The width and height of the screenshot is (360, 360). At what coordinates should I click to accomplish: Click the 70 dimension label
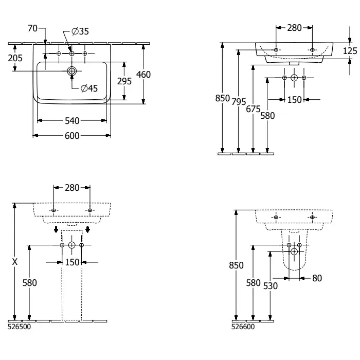click(32, 29)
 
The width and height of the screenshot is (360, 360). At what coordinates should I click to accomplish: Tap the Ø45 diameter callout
click(89, 88)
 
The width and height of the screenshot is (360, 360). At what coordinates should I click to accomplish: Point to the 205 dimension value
click(15, 58)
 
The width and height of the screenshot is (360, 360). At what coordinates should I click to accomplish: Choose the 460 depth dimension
click(143, 75)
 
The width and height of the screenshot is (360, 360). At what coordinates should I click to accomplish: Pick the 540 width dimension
click(72, 121)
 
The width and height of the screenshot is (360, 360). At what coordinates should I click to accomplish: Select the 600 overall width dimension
click(72, 136)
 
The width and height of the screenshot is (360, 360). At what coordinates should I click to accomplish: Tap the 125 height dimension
click(350, 50)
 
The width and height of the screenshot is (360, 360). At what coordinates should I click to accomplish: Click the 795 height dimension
click(238, 102)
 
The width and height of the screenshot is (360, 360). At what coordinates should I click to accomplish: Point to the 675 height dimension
click(253, 109)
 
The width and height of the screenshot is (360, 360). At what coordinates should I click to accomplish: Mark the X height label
click(15, 262)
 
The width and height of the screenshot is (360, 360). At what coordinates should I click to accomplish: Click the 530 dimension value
click(270, 285)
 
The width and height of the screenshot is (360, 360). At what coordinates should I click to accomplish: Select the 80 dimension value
click(317, 278)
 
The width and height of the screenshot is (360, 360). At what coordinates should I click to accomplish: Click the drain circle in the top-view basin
click(72, 70)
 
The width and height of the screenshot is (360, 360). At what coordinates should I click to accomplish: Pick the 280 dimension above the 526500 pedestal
click(72, 188)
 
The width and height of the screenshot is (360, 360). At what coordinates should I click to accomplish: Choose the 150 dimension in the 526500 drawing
click(72, 262)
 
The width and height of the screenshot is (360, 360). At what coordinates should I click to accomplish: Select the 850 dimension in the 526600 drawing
click(236, 265)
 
